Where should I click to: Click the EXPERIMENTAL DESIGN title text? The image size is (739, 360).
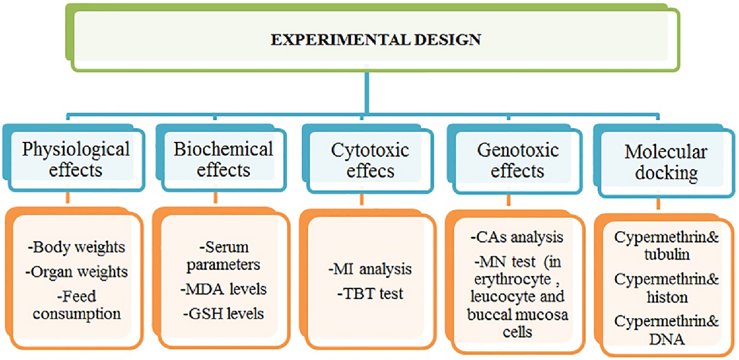375,39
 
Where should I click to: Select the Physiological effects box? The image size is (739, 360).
76,160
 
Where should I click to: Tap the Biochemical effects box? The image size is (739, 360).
223,160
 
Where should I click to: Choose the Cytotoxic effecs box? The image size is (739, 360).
370,161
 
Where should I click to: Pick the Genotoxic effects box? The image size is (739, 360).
518,161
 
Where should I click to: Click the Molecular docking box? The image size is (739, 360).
666,162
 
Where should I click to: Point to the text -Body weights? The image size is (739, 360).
76,247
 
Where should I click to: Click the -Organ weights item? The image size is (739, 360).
76,271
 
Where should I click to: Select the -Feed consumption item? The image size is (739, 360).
76,305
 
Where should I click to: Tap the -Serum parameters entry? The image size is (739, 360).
223,256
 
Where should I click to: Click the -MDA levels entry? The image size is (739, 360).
223,289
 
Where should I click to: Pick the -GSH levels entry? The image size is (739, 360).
223,313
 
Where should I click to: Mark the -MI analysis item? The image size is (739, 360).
370,269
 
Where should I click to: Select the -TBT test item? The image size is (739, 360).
370,294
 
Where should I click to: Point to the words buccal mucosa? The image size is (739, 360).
518,314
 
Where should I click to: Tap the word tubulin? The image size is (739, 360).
667,254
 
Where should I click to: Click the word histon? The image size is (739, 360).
667,297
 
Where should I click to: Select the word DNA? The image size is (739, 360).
667,339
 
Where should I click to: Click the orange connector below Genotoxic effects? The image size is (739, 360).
508,200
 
